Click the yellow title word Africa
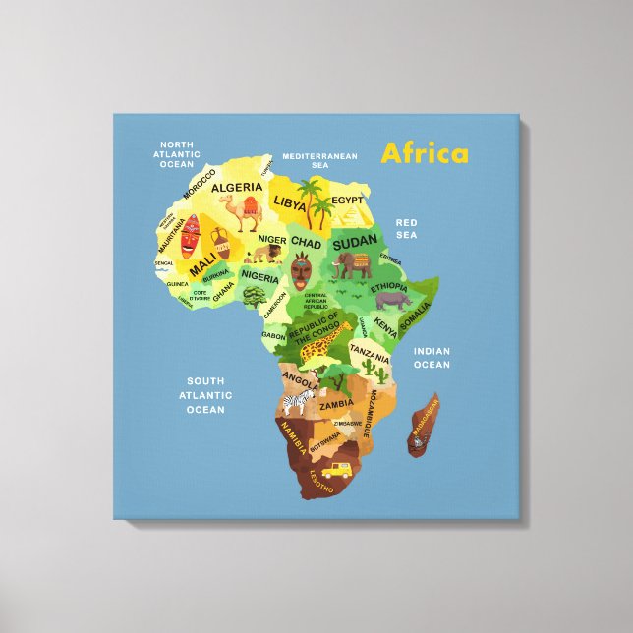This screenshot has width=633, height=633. coord(425,153)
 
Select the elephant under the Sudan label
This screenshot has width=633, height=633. coord(353,264)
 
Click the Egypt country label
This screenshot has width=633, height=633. coord(347,201)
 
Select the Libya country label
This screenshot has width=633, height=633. coord(290,203)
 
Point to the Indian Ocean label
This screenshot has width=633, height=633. coord(431,358)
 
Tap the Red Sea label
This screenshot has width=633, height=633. coord(406,229)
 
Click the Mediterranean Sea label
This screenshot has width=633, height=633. coord(319,161)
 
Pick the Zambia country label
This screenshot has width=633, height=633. coord(337,404)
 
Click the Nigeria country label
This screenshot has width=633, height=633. coord(260,276)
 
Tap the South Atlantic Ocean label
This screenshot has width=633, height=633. coord(205,395)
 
